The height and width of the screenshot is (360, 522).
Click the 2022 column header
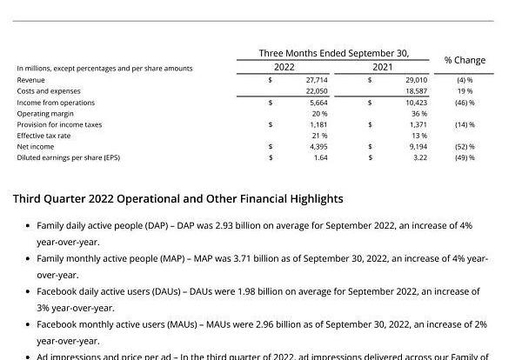tap(284, 67)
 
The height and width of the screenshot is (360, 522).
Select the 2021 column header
tap(383, 67)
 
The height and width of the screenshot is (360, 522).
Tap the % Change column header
tap(465, 60)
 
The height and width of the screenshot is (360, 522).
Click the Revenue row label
tap(30, 79)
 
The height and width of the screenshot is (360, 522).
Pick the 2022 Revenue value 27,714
tap(316, 79)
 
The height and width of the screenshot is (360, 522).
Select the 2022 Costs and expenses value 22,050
tap(316, 90)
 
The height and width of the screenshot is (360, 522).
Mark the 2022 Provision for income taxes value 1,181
tap(318, 124)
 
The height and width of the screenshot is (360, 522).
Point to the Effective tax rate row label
tap(43, 136)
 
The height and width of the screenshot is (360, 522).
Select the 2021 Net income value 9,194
tap(417, 147)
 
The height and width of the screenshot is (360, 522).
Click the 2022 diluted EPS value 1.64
tap(320, 157)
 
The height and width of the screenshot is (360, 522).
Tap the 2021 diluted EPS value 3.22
tap(418, 157)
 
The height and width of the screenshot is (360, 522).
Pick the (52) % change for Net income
tap(465, 147)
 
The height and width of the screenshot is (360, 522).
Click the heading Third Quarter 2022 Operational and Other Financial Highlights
tap(177, 199)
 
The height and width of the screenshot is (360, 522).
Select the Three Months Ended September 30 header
tap(333, 53)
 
